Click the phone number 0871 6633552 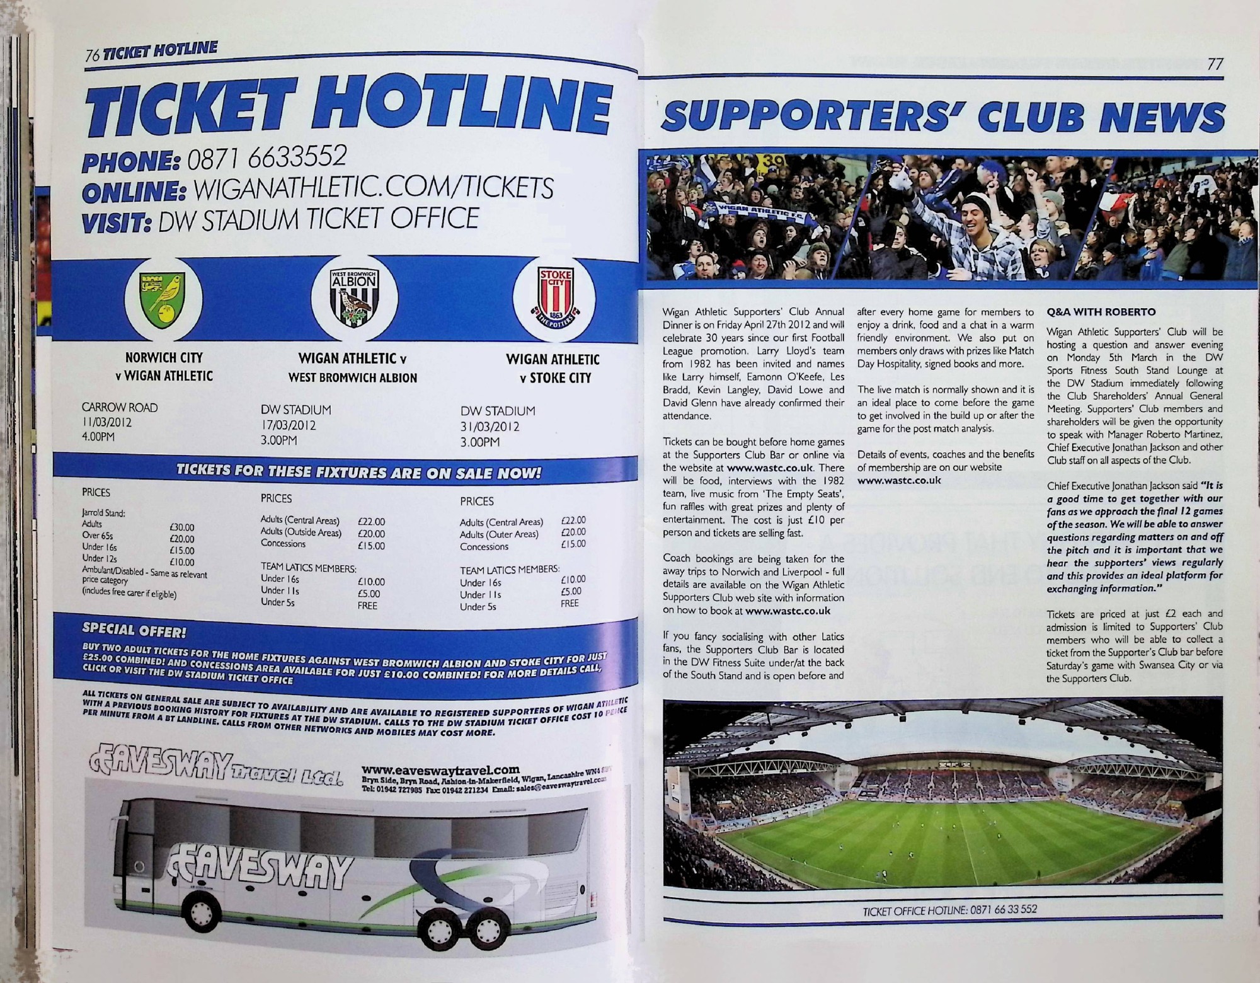(267, 158)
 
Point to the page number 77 (1215, 64)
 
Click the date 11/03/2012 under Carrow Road (106, 422)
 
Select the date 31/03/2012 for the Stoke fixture (490, 427)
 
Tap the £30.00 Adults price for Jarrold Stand (182, 527)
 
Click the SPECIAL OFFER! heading (134, 629)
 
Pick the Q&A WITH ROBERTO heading (1101, 312)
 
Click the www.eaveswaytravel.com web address (441, 769)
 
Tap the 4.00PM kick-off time (98, 437)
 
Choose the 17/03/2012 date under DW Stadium (288, 425)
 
